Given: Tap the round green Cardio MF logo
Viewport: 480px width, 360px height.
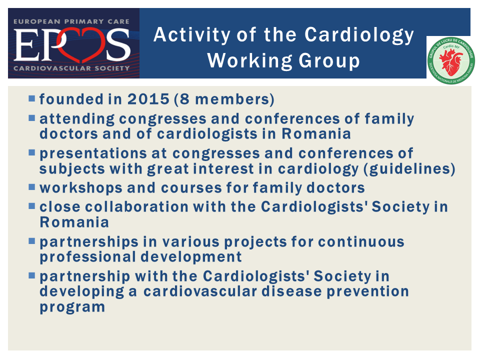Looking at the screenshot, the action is click(451, 60).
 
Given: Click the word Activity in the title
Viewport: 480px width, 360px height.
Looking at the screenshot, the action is click(192, 35).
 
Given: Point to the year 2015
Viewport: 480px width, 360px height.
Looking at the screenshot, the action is click(148, 99).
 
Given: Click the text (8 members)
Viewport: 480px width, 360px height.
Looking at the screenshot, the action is click(224, 99).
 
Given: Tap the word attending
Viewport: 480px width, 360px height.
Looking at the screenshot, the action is click(77, 119).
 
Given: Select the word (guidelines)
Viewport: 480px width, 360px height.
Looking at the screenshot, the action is click(409, 169).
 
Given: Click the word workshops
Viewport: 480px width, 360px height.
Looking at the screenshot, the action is click(81, 188).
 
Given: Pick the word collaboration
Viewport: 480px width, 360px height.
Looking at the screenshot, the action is click(136, 206).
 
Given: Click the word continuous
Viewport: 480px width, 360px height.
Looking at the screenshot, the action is click(361, 241).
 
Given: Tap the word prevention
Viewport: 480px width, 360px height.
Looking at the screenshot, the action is click(368, 291).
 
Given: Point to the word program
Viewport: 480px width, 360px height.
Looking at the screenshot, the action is click(72, 307).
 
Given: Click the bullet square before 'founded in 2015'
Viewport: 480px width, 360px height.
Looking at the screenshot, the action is click(32, 98).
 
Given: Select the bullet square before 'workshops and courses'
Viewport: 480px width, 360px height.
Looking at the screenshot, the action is click(32, 187).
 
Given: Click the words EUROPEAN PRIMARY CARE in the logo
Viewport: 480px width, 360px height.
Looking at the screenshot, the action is click(71, 21).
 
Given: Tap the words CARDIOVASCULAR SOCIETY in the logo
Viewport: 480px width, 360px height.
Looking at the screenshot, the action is click(71, 68).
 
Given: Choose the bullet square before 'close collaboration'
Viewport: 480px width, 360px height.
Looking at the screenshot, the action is click(32, 206).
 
